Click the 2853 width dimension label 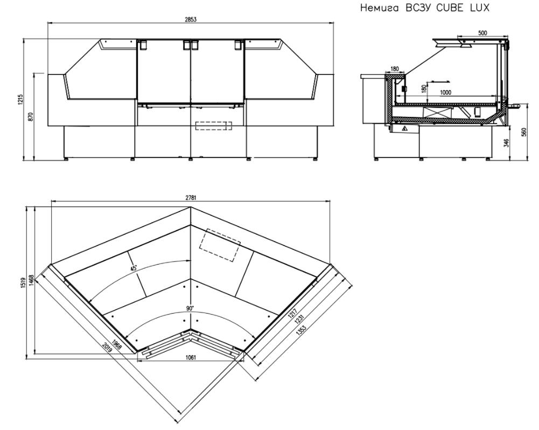191,19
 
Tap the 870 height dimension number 31,116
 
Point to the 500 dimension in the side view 482,33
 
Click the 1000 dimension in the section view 445,92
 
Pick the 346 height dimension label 506,143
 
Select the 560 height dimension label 524,132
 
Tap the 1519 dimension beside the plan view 23,283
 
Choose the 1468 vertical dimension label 31,280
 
